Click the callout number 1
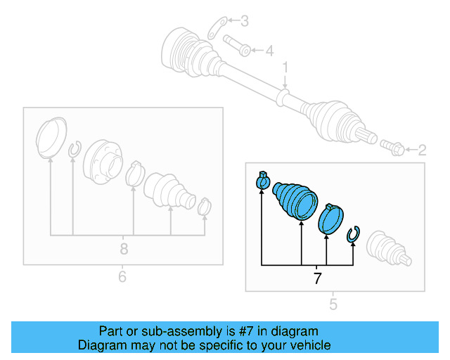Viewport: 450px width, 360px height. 285,67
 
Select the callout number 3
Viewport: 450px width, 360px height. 244,22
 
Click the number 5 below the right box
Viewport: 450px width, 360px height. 333,304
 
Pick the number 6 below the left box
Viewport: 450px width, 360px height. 122,277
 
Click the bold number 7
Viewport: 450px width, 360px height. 317,278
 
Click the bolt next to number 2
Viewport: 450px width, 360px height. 393,148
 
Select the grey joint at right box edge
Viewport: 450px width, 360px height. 387,247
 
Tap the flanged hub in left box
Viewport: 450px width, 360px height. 102,163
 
